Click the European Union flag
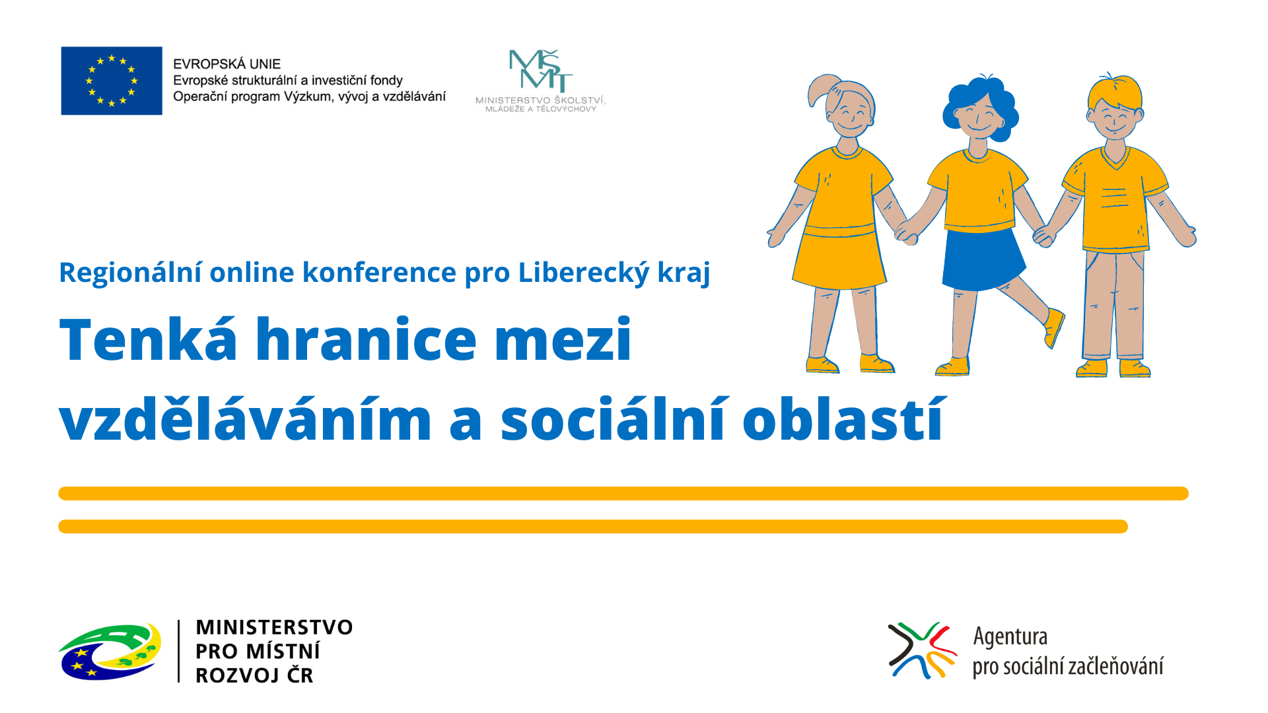point(112,81)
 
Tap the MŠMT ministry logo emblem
point(540,70)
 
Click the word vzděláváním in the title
point(246,419)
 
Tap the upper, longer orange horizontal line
point(623,493)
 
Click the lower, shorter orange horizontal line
point(593,526)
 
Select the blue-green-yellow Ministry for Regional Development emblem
point(110,652)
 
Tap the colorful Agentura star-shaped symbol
point(922,650)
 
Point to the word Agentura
point(1010,636)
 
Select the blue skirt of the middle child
point(983,259)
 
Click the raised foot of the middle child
point(1054,328)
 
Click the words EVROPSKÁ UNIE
point(227,64)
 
